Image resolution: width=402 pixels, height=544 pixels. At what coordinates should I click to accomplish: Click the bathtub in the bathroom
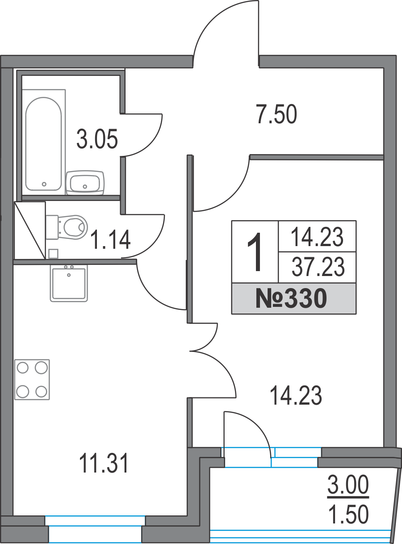44,144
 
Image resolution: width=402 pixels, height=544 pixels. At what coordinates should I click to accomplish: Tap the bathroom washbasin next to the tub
85,183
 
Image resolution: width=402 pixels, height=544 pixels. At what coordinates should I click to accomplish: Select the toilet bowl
67,227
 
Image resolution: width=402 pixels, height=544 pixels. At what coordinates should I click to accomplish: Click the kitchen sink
69,284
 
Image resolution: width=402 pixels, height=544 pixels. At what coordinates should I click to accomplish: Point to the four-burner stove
32,380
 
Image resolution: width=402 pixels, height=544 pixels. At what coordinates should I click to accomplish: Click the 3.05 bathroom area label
97,139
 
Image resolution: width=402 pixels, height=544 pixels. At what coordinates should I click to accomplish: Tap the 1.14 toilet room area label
110,240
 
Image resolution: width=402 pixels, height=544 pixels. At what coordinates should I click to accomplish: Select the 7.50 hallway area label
276,114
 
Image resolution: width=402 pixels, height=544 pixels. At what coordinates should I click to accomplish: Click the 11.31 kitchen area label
104,463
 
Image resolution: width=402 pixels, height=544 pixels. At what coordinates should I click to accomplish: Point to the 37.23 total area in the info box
318,267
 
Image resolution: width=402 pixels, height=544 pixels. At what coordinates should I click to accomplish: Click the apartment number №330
291,298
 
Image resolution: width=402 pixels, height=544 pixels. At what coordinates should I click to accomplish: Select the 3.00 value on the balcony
348,484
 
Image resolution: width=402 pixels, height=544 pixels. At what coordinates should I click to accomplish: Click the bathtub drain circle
44,184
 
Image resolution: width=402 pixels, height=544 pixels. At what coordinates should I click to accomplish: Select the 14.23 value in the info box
317,237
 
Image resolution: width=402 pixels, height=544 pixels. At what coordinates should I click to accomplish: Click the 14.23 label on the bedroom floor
296,395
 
